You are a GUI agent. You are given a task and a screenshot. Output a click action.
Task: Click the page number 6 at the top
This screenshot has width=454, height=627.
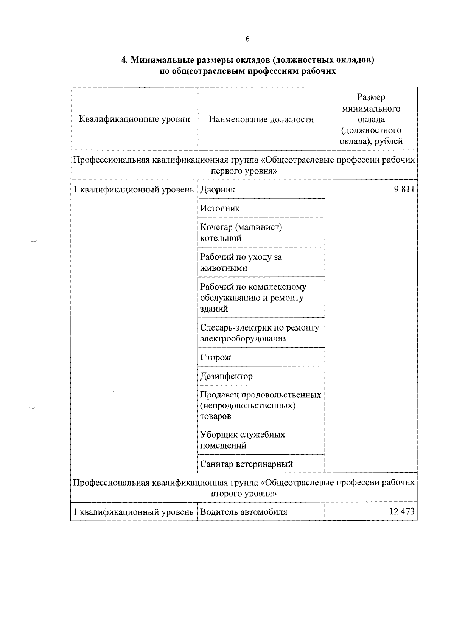(247, 39)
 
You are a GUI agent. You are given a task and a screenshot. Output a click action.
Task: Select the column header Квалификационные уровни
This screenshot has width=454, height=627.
(134, 120)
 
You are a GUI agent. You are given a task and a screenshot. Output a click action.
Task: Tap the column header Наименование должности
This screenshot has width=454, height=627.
(261, 120)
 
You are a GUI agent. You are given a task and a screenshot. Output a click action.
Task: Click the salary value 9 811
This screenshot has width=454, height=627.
(404, 189)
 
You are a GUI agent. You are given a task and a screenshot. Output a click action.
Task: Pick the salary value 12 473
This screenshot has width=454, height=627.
(402, 512)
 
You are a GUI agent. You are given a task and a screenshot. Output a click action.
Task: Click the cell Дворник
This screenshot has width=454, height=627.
(218, 189)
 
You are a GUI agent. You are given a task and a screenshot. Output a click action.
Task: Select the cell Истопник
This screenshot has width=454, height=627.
(220, 208)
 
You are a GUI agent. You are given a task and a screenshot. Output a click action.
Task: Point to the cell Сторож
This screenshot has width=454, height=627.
(215, 357)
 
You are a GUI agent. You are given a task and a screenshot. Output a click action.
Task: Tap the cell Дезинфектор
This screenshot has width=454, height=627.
(226, 376)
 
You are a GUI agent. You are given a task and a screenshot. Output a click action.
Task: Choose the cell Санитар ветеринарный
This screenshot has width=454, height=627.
(246, 464)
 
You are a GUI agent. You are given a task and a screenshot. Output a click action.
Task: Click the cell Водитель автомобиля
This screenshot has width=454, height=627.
(243, 512)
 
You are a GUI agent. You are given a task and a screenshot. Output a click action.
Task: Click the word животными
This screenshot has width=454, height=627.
(224, 268)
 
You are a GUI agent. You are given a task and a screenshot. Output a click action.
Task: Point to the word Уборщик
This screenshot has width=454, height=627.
(217, 435)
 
